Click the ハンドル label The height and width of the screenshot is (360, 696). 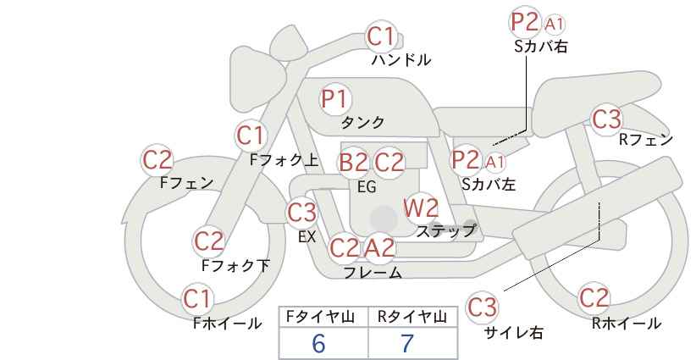coord(401,59)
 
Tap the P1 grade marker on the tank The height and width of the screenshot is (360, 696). coord(335,99)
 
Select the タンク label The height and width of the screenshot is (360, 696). coord(362,123)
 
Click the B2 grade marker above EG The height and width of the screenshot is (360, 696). coord(354,163)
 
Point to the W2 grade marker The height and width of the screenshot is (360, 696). coord(420,208)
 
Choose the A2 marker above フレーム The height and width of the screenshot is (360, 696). coord(380,247)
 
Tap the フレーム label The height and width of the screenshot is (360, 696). coord(373,272)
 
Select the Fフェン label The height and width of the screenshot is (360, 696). coord(186,183)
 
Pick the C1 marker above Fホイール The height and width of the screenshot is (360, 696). coord(197,299)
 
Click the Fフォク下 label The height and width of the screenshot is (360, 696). coord(235,265)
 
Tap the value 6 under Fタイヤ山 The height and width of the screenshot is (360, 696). coord(318,343)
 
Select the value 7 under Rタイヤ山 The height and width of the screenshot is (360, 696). coord(407,343)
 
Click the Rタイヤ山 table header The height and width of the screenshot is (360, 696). coord(412,317)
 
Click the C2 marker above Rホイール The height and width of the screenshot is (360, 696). coord(594,298)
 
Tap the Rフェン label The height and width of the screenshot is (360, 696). coord(646,140)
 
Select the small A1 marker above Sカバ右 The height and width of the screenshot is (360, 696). coord(555,25)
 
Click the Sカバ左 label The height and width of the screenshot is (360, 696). coord(489,184)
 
